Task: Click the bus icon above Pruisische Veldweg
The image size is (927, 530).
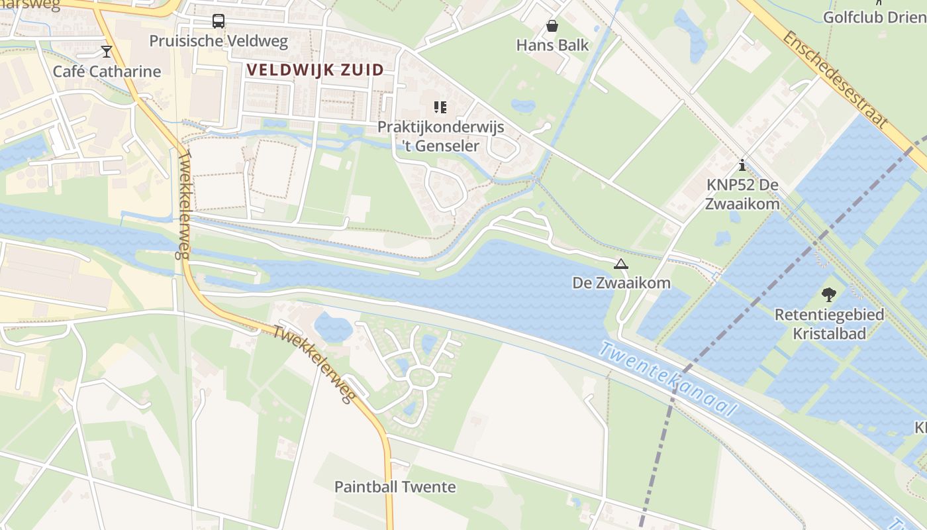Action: point(219,21)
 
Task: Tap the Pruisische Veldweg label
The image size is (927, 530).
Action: point(219,41)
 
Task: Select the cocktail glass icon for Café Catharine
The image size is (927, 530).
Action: point(107,51)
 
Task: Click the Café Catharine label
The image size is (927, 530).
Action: point(107,71)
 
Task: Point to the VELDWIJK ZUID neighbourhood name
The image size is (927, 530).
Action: point(315,70)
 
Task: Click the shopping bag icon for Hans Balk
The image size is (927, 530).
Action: point(552,26)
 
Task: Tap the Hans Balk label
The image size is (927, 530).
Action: point(552,46)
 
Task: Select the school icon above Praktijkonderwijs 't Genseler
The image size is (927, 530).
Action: point(440,107)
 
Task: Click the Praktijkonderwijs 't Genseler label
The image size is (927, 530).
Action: point(441,136)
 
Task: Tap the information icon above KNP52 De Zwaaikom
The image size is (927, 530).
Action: point(742,165)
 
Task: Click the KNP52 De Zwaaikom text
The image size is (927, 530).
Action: point(742,194)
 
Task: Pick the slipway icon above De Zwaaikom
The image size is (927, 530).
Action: point(620,264)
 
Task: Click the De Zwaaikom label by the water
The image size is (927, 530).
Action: point(621,283)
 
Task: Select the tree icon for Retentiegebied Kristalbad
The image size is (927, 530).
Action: point(828,295)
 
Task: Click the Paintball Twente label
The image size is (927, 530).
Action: point(395,487)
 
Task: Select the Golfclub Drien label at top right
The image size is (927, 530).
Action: point(874,17)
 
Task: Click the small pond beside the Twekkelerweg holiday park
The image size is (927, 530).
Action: point(333,327)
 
